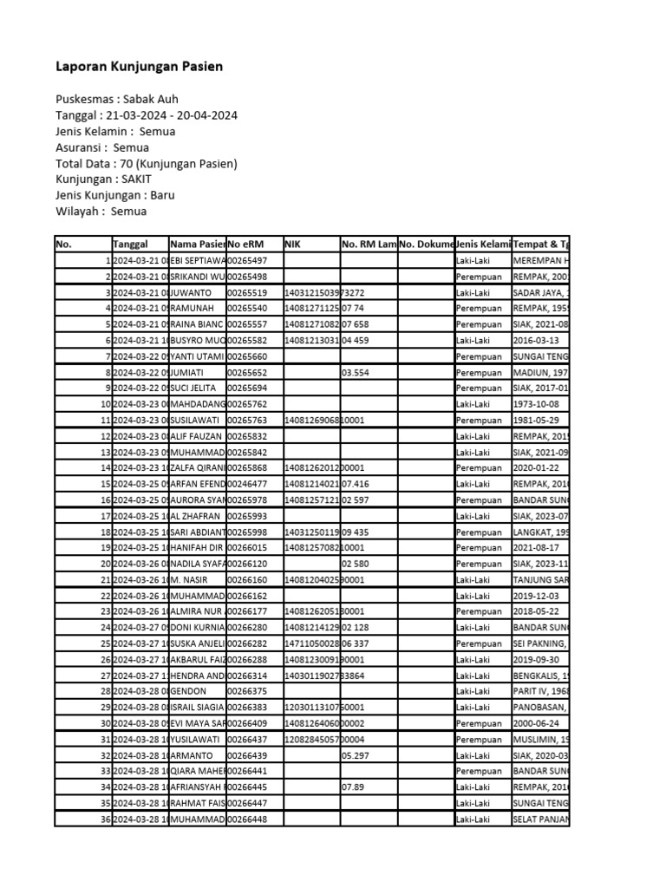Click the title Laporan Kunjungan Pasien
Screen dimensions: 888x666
click(139, 67)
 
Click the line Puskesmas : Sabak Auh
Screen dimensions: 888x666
click(117, 100)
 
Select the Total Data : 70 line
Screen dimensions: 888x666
click(147, 164)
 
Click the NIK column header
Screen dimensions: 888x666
click(293, 245)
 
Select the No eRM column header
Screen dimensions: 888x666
click(246, 245)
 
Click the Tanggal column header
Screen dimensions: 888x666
click(130, 245)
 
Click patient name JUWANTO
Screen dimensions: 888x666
click(191, 293)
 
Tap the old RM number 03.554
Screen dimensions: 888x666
click(357, 372)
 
